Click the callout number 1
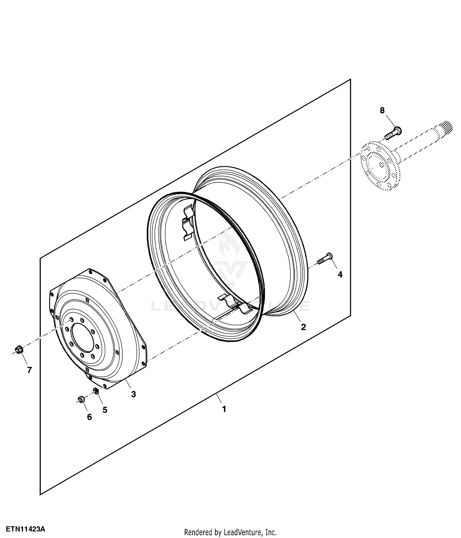(224, 409)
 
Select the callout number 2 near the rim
(303, 327)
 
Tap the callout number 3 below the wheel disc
(133, 394)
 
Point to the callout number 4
(340, 275)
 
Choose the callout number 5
(105, 410)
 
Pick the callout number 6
(89, 417)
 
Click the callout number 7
(30, 370)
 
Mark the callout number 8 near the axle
(382, 110)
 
